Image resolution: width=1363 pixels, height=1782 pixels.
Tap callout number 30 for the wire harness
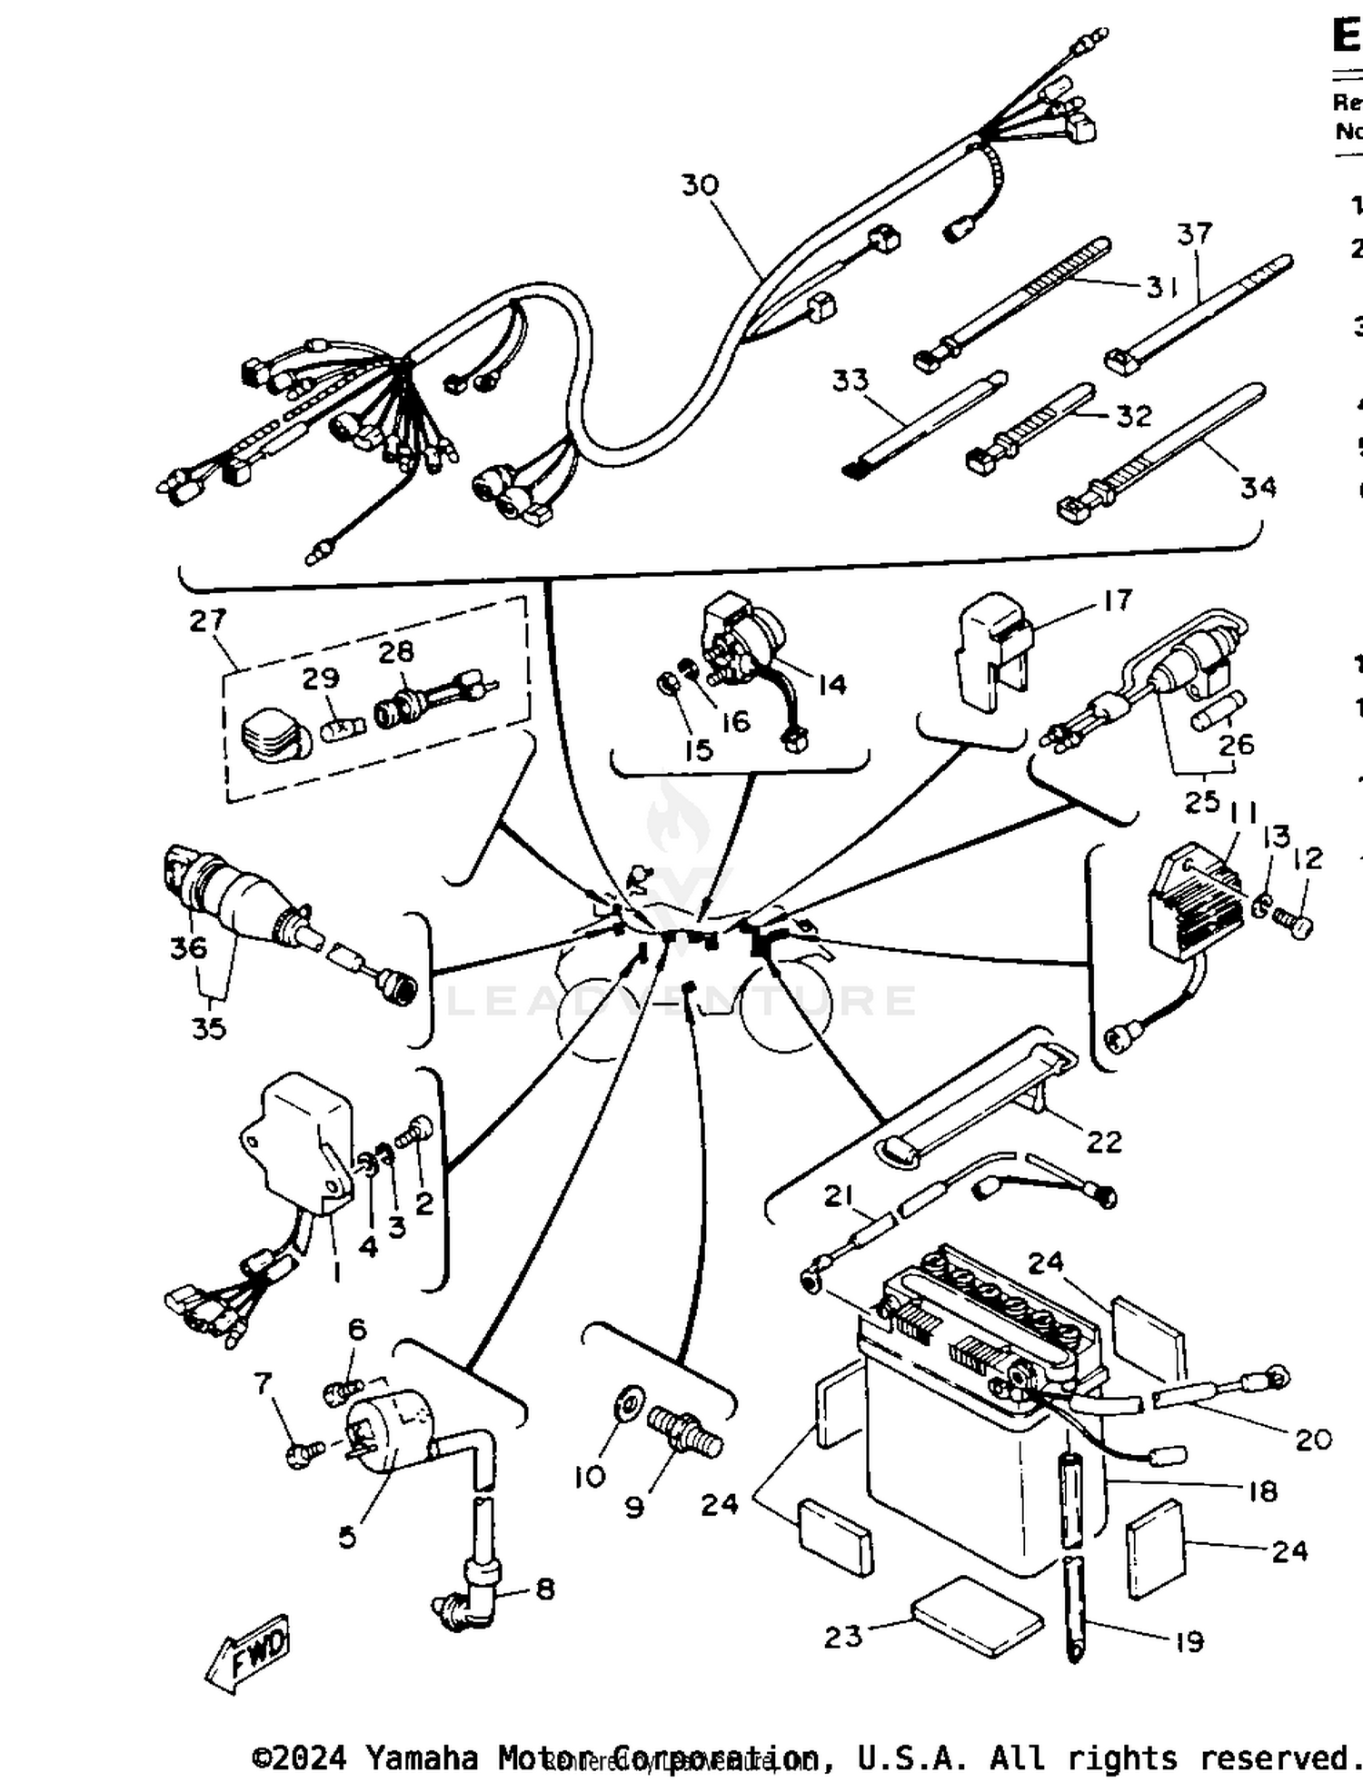pyautogui.click(x=700, y=185)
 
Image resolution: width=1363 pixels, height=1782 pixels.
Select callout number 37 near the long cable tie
pyautogui.click(x=1194, y=234)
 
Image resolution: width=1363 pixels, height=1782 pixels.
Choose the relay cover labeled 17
pyautogui.click(x=990, y=656)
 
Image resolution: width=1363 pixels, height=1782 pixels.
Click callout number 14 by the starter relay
pyautogui.click(x=831, y=685)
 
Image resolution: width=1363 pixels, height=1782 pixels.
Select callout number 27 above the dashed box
pyautogui.click(x=207, y=621)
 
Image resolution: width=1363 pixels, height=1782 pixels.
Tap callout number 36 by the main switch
pyautogui.click(x=188, y=947)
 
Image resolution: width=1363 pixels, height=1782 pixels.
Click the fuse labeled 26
pyautogui.click(x=1218, y=712)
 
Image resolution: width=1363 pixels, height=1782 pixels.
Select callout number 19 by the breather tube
pyautogui.click(x=1189, y=1641)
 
